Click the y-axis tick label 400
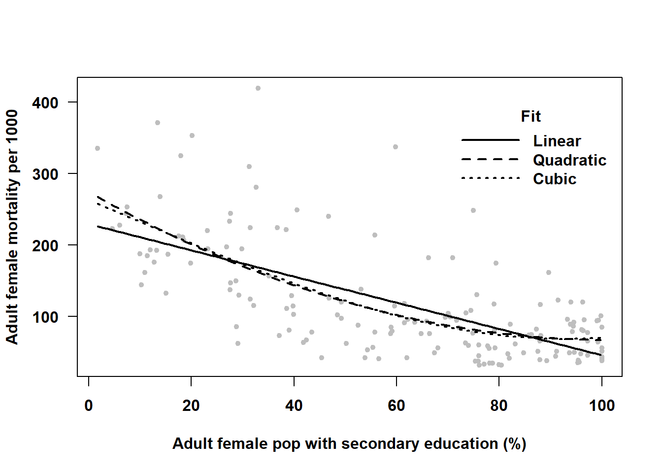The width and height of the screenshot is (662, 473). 45,103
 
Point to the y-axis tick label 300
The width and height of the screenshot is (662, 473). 45,174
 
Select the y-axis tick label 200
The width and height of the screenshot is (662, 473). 45,246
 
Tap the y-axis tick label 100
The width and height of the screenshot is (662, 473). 45,317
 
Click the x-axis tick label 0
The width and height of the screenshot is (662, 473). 89,405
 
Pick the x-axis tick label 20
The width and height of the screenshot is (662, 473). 191,405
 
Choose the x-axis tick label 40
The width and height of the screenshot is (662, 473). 294,405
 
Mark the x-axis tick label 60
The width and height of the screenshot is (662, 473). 397,405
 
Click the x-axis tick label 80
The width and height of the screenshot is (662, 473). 499,405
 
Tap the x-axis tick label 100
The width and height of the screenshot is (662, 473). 601,405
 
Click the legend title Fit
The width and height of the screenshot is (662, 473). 530,116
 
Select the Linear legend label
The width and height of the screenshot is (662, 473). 557,141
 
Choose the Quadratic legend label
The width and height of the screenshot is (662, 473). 569,160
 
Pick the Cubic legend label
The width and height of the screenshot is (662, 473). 554,179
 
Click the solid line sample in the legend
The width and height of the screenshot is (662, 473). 490,140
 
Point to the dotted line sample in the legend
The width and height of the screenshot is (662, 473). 490,178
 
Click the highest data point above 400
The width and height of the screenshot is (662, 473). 258,88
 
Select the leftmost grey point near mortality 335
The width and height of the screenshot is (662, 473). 98,148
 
